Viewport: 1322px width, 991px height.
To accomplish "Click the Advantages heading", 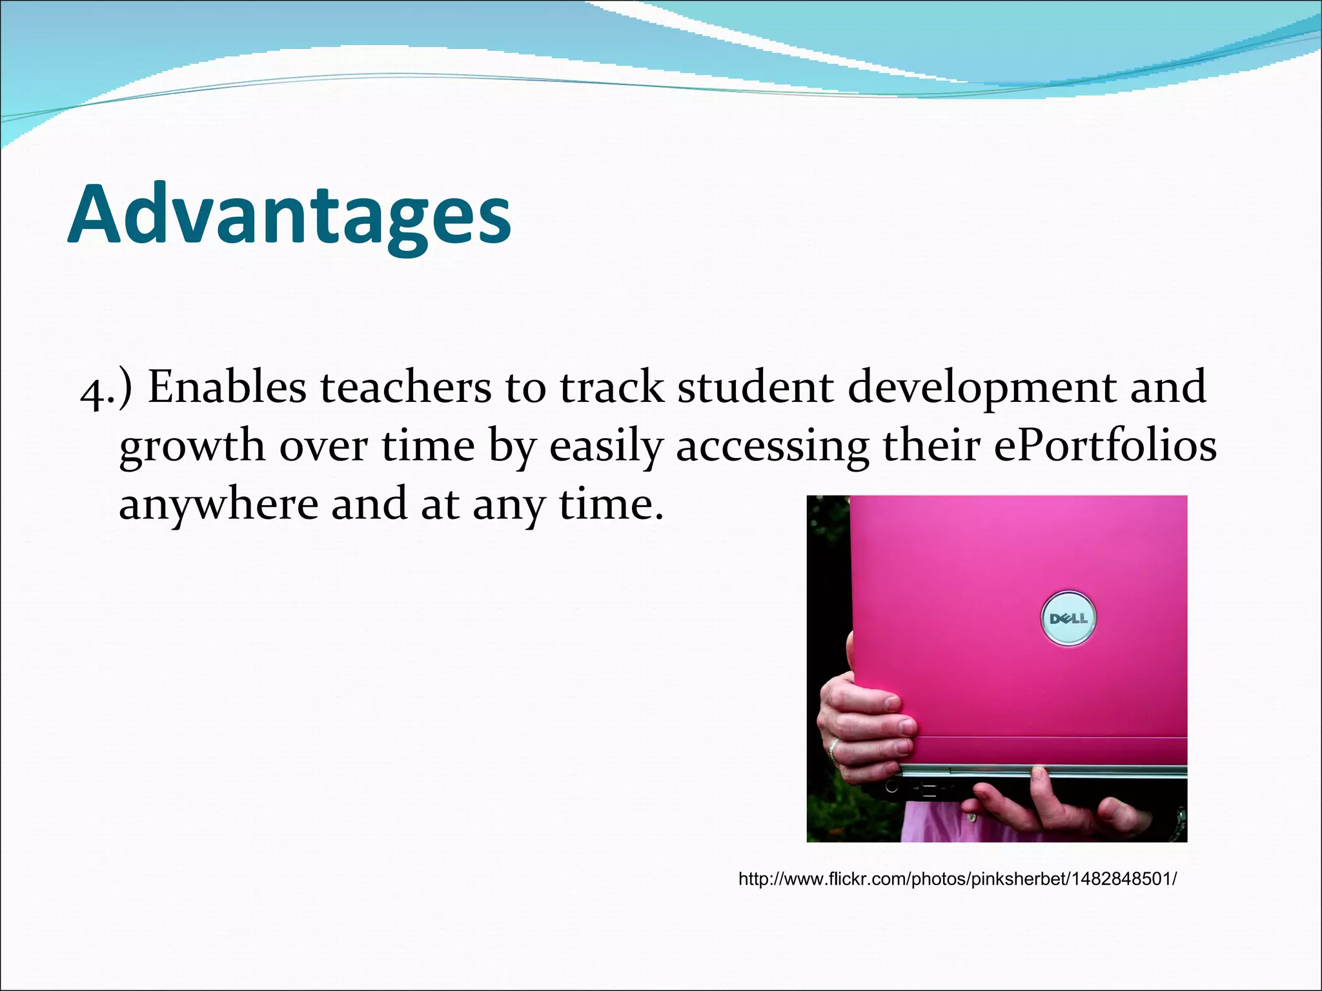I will pyautogui.click(x=289, y=214).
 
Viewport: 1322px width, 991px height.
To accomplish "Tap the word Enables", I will pyautogui.click(x=227, y=388).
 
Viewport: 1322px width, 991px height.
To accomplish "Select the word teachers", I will pyautogui.click(x=405, y=388).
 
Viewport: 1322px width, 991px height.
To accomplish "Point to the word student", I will pyautogui.click(x=755, y=388).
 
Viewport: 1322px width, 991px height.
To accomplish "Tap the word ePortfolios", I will pyautogui.click(x=1104, y=446).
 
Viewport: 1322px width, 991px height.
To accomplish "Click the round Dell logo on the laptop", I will pyautogui.click(x=1068, y=618).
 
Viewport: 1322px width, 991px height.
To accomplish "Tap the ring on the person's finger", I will pyautogui.click(x=833, y=748).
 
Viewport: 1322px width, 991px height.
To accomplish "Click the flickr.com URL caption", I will pyautogui.click(x=957, y=879).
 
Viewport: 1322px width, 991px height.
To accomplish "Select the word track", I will pyautogui.click(x=611, y=388).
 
